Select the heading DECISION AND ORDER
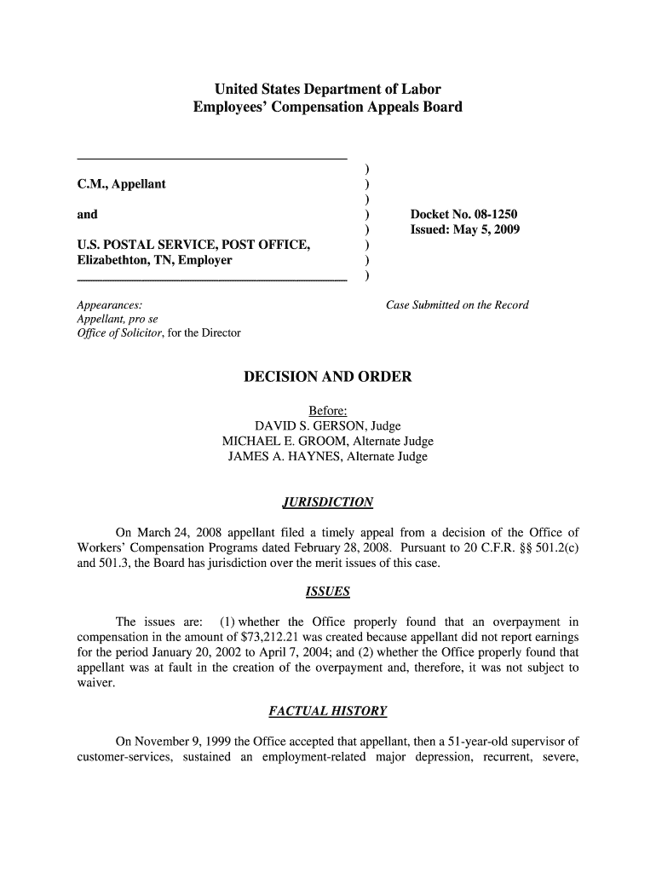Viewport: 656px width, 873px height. (x=327, y=377)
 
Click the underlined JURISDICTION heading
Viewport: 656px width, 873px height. (x=327, y=502)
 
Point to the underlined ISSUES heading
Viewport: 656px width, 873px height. (x=327, y=592)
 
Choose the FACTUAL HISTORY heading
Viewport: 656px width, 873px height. (x=327, y=710)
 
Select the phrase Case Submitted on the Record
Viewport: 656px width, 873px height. (x=457, y=305)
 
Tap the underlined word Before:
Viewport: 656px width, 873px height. (x=327, y=411)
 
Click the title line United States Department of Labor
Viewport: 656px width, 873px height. (x=327, y=90)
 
